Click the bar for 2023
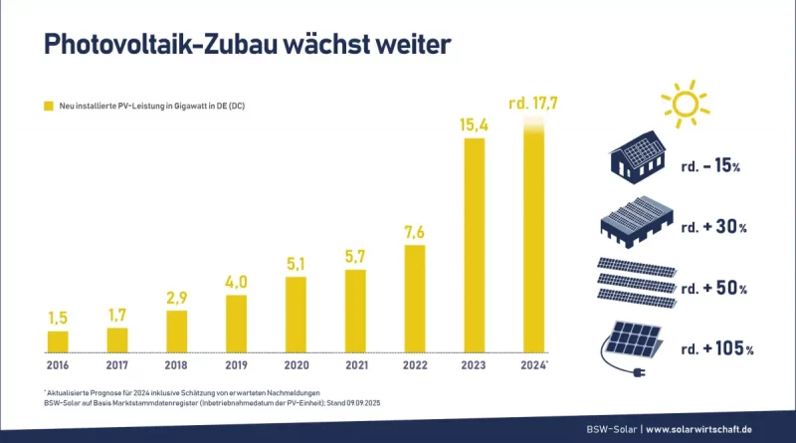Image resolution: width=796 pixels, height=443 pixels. coord(475,245)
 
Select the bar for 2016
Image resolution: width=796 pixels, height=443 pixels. coord(58,341)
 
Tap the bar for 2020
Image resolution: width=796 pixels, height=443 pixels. coord(297,315)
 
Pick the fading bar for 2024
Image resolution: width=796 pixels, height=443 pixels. coord(534,239)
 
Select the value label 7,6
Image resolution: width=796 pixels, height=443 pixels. coord(415,231)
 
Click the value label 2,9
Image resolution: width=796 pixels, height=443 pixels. coord(177,298)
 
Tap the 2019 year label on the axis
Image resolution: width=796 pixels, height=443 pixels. coord(237,364)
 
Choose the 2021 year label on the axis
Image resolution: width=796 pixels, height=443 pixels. coord(355,364)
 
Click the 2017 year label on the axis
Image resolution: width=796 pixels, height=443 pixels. coord(117,364)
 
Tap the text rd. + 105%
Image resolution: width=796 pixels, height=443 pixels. coord(717,348)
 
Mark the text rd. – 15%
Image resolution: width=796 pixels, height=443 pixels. coord(716,165)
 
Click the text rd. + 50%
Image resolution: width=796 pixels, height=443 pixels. coord(716,288)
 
